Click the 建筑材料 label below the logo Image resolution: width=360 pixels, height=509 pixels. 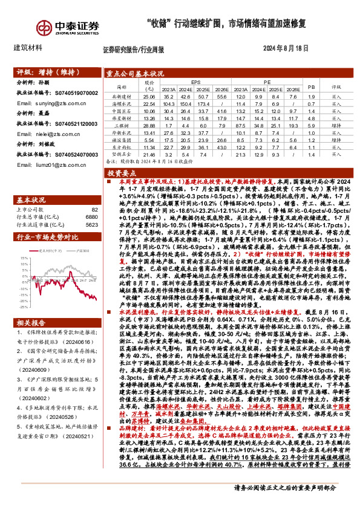[28, 47]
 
